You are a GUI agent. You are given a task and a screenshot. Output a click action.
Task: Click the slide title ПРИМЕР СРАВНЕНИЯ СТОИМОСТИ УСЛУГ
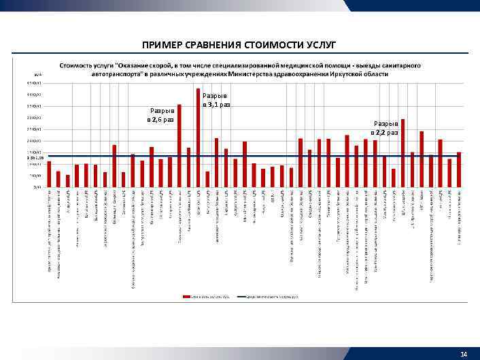click(239, 45)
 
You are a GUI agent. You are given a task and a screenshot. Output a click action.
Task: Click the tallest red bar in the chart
click(199, 136)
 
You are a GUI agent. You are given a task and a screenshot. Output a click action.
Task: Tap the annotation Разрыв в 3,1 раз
click(217, 101)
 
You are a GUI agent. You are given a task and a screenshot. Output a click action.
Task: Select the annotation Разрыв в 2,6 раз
click(161, 115)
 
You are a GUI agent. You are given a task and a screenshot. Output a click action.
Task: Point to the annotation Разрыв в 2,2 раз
click(384, 128)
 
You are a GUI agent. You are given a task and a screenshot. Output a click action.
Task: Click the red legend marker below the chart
click(186, 296)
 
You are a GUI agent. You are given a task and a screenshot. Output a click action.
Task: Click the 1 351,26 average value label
click(34, 158)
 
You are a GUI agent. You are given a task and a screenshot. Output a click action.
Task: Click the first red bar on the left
click(49, 174)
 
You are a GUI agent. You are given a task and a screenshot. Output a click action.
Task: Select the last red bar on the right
click(459, 169)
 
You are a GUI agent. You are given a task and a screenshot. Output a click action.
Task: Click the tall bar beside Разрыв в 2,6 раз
click(179, 146)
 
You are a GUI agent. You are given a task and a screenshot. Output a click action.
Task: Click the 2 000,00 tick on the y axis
click(34, 141)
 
